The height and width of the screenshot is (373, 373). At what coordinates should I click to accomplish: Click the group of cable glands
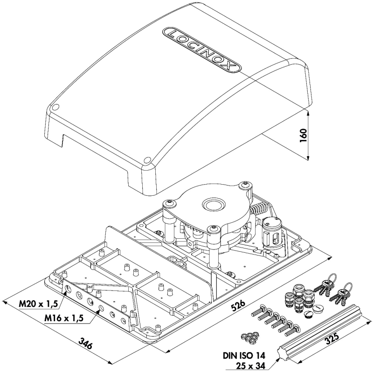[298, 298]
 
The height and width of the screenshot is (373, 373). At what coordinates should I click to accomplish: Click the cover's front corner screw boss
[148, 161]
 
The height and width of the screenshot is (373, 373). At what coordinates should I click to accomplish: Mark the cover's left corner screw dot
[55, 107]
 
